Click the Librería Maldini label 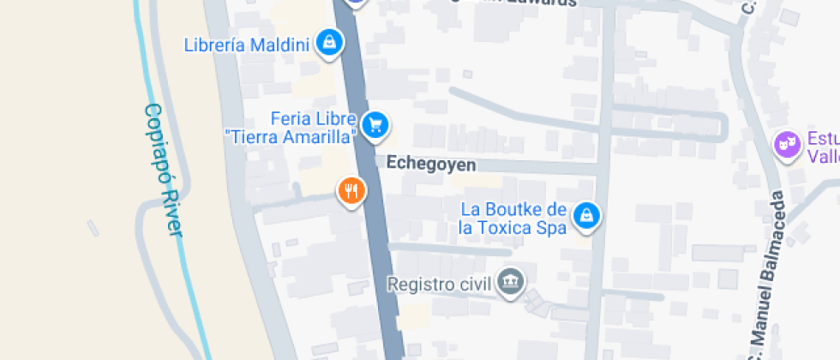point(246,45)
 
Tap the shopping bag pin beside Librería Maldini point(329,41)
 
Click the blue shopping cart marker point(375,125)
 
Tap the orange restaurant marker point(351,189)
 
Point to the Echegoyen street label point(430,163)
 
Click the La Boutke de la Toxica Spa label point(513,219)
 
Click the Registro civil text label point(438,283)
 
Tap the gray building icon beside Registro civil point(512,280)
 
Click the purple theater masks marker point(786,143)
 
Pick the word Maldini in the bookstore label point(279,45)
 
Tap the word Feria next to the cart point(289,118)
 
